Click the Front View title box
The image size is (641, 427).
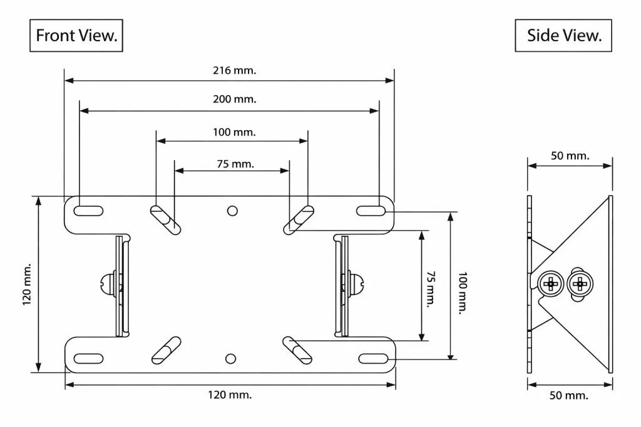click(x=76, y=36)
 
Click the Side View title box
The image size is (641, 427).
click(x=563, y=36)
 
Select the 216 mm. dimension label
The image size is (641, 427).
click(x=234, y=71)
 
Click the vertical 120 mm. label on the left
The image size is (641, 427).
click(x=27, y=284)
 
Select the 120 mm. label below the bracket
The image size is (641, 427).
click(x=230, y=394)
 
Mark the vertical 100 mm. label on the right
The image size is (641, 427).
click(x=462, y=293)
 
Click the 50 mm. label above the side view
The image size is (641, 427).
click(x=570, y=156)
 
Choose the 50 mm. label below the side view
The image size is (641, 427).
click(x=569, y=395)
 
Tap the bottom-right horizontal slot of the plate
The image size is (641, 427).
click(x=374, y=358)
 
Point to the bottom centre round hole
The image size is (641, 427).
click(x=231, y=358)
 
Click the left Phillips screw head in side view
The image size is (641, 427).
click(x=551, y=284)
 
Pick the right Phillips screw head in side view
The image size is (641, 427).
click(x=580, y=284)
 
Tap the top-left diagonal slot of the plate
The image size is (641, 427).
click(x=165, y=219)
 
